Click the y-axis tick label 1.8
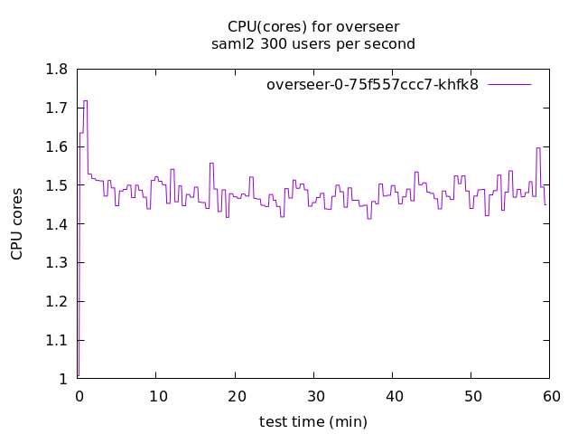pyautogui.click(x=56, y=70)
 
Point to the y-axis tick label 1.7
pyautogui.click(x=56, y=108)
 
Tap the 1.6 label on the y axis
pyautogui.click(x=56, y=147)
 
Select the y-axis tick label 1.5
pyautogui.click(x=56, y=185)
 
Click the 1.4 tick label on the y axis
pyautogui.click(x=56, y=224)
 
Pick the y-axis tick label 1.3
pyautogui.click(x=56, y=263)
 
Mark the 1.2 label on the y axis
pyautogui.click(x=56, y=302)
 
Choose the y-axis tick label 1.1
pyautogui.click(x=56, y=341)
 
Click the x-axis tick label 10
pyautogui.click(x=156, y=396)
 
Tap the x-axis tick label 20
pyautogui.click(x=235, y=396)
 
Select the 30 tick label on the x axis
pyautogui.click(x=314, y=396)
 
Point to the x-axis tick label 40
pyautogui.click(x=393, y=396)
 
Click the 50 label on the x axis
pyautogui.click(x=472, y=396)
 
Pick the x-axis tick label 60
pyautogui.click(x=551, y=396)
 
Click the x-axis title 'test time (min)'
pyautogui.click(x=313, y=421)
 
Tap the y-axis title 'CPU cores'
pyautogui.click(x=17, y=224)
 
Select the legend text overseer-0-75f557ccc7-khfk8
pyautogui.click(x=372, y=85)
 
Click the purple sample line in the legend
pyautogui.click(x=509, y=85)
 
